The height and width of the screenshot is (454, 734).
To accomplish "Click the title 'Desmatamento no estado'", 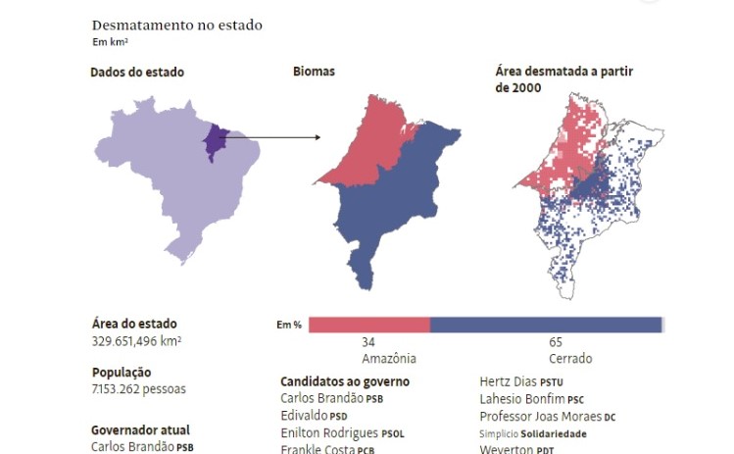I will pos(176,25).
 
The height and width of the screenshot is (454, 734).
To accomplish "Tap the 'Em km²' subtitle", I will pos(111,42).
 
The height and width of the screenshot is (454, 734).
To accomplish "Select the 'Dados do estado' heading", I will pos(137,72).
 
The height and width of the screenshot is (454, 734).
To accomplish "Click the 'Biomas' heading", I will pos(314,72).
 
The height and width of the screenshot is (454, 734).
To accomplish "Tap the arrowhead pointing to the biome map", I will pos(317,137).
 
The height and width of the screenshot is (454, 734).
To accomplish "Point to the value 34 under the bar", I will pos(368,343).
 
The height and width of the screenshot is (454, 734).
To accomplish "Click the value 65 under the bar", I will pos(556,343).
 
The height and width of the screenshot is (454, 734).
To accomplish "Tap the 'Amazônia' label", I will pos(389,359).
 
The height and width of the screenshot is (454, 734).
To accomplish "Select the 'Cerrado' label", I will pos(570,359).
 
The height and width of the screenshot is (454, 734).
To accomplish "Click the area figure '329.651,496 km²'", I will pos(136,340).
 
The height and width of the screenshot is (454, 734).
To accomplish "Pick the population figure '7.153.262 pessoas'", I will pos(138,388).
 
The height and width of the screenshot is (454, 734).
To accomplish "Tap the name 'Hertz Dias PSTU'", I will pos(521,381).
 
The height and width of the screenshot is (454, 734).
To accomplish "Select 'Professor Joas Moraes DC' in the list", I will pos(547,416).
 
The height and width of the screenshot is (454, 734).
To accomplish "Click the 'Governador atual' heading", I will pos(140,429).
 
